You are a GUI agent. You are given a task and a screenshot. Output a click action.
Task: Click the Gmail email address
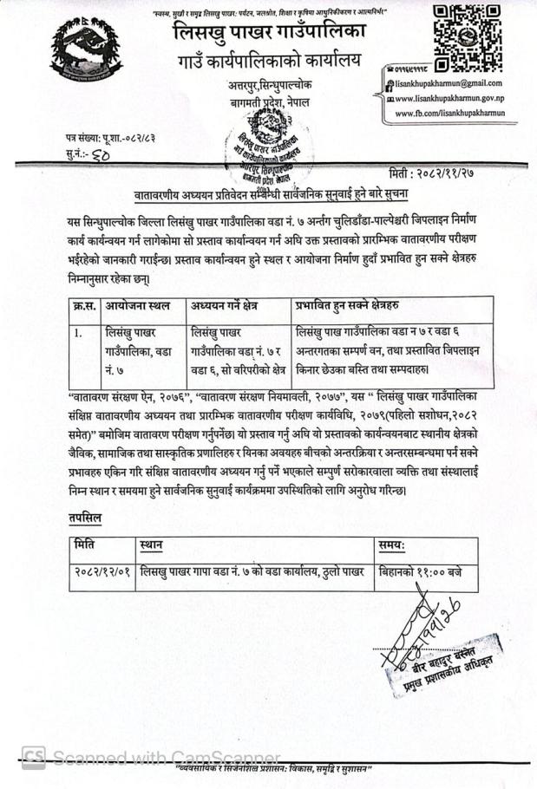click(x=449, y=82)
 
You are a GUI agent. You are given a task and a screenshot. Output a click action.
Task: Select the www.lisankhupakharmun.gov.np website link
click(x=449, y=98)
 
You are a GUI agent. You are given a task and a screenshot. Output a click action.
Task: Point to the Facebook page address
click(x=449, y=113)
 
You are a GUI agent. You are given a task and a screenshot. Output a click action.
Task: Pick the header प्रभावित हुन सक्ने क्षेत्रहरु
click(x=356, y=305)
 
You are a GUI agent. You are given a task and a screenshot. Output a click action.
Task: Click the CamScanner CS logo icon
click(x=34, y=757)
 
